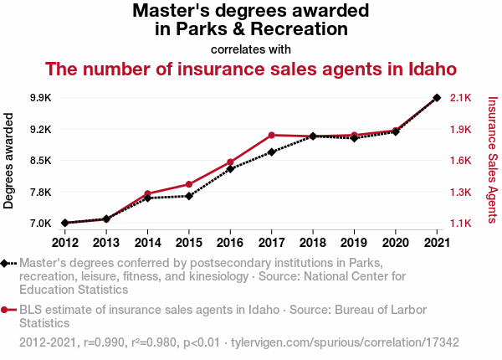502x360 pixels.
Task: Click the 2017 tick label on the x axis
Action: pyautogui.click(x=271, y=243)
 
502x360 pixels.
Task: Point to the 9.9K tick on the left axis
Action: pyautogui.click(x=39, y=98)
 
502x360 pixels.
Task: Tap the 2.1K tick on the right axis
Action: pyautogui.click(x=461, y=98)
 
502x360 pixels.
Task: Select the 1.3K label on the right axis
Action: pyautogui.click(x=461, y=193)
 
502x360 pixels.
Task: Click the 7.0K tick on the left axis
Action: pyautogui.click(x=39, y=224)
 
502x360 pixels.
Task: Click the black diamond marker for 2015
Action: pyautogui.click(x=189, y=196)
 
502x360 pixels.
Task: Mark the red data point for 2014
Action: pyautogui.click(x=147, y=193)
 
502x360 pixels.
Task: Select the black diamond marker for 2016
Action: pyautogui.click(x=230, y=169)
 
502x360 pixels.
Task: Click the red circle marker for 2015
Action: pyautogui.click(x=189, y=184)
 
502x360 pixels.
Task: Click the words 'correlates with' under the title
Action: pyautogui.click(x=251, y=49)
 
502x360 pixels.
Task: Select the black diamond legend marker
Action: pyautogui.click(x=6, y=263)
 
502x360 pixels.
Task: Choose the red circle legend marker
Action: pyautogui.click(x=6, y=310)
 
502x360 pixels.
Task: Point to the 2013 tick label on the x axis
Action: pyautogui.click(x=105, y=243)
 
